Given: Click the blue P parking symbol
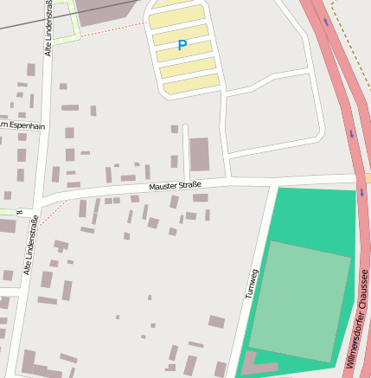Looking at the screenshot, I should (182, 45).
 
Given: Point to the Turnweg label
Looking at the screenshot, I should (252, 283).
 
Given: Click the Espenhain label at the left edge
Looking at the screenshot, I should (22, 125).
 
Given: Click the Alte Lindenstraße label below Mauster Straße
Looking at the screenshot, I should (31, 247).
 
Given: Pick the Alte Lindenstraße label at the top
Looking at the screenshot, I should (49, 29).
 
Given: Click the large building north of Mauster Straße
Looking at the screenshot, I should (199, 154).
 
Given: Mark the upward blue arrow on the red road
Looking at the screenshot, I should (326, 22).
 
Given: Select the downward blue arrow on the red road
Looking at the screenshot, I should (352, 133).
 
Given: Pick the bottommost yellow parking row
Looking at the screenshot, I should (190, 83).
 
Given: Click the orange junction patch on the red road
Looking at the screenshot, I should (367, 177).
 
